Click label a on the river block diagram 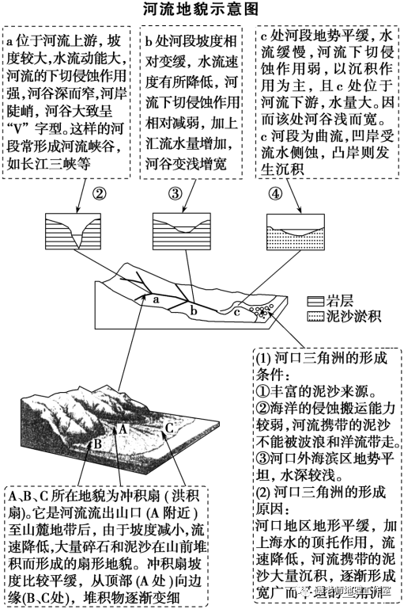(157, 299)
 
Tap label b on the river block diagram (193, 311)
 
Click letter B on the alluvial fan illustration (96, 443)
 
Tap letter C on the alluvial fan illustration (168, 428)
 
